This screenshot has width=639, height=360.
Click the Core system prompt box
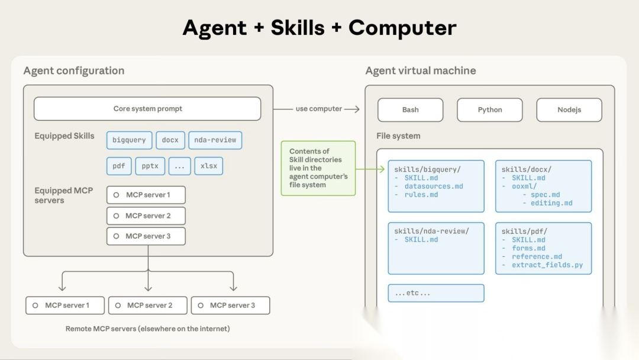pyautogui.click(x=147, y=109)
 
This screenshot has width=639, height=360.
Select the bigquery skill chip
pyautogui.click(x=129, y=140)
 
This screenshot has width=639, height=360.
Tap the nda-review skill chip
pyautogui.click(x=215, y=140)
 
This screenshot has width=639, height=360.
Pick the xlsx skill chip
pyautogui.click(x=209, y=166)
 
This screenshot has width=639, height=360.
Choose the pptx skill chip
pyautogui.click(x=150, y=166)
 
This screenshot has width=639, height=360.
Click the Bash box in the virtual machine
pyautogui.click(x=410, y=110)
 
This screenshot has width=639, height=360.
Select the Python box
pyautogui.click(x=489, y=110)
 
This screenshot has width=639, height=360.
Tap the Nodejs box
pyautogui.click(x=569, y=110)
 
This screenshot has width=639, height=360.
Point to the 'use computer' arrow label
pyautogui.click(x=319, y=109)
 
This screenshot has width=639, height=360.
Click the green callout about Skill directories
pyautogui.click(x=318, y=168)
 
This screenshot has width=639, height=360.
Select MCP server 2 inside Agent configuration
pyautogui.click(x=146, y=216)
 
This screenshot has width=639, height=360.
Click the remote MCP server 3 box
pyautogui.click(x=231, y=306)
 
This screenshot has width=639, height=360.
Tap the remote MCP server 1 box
pyautogui.click(x=65, y=306)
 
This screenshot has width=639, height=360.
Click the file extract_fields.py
pyautogui.click(x=547, y=265)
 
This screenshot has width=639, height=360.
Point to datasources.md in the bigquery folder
pyautogui.click(x=434, y=187)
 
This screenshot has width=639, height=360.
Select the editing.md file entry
pyautogui.click(x=551, y=203)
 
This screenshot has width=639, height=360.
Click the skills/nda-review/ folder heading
pyautogui.click(x=431, y=232)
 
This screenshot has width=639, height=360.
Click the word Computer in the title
pyautogui.click(x=402, y=28)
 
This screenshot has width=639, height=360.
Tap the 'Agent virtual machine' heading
pyautogui.click(x=421, y=71)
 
